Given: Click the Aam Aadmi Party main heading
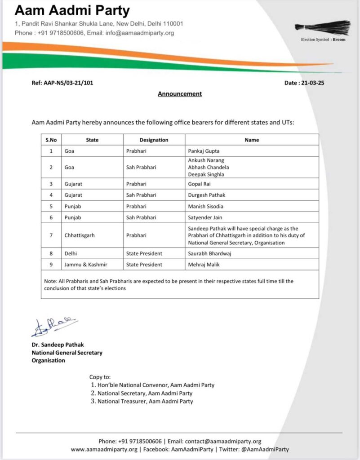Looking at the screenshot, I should click(72, 11).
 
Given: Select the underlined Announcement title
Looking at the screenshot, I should click(180, 94).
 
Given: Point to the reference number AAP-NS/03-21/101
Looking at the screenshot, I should click(62, 83).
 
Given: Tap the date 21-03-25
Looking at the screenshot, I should click(311, 83).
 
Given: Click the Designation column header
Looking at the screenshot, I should click(154, 140).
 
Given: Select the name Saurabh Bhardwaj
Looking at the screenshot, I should click(209, 254).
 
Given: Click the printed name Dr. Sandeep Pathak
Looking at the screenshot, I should click(58, 345).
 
